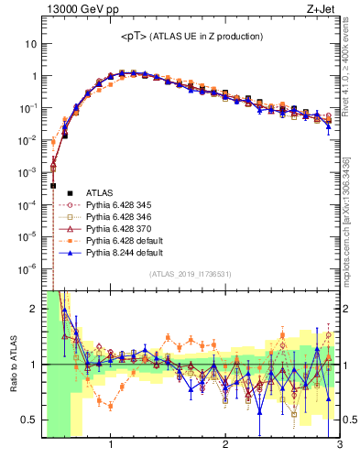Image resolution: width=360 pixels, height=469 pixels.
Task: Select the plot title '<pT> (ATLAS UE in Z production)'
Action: (191, 36)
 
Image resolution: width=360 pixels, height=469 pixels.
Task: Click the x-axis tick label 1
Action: (111, 446)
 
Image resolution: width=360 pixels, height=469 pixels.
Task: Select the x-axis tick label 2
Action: (225, 446)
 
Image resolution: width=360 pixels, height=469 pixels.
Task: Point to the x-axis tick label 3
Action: (339, 446)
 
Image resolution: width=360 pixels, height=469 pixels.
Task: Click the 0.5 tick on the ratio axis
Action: (29, 420)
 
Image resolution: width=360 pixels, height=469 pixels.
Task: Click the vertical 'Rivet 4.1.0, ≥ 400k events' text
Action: (352, 73)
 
